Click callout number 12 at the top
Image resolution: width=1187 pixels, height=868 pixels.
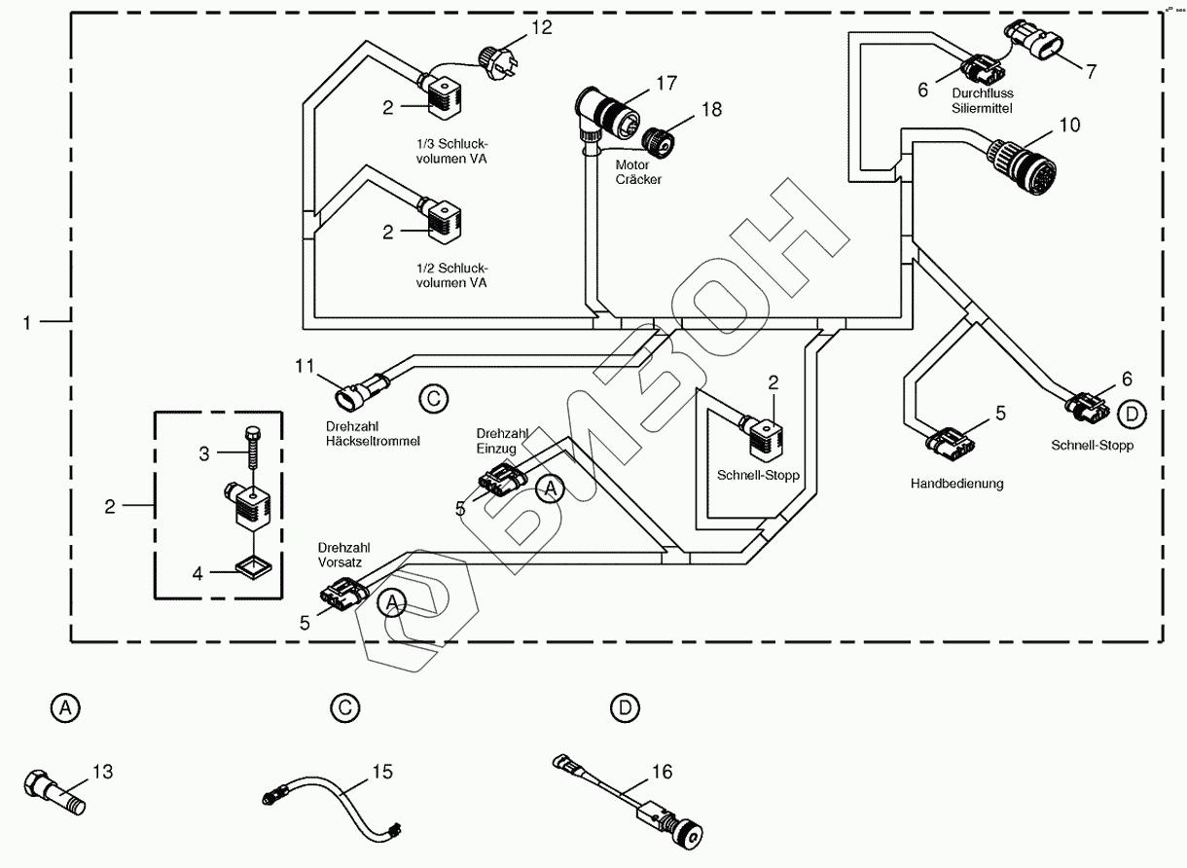click(542, 27)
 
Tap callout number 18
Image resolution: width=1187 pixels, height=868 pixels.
click(712, 109)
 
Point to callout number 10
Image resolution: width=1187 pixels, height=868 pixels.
click(1069, 126)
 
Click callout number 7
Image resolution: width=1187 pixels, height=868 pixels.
click(1091, 71)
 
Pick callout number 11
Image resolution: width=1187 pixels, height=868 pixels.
click(306, 366)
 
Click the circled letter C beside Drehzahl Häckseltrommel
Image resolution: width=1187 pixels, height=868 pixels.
click(434, 398)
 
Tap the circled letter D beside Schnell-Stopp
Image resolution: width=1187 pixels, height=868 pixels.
click(1132, 415)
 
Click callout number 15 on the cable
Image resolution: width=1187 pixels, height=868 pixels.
click(381, 772)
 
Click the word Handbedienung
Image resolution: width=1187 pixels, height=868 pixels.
click(956, 483)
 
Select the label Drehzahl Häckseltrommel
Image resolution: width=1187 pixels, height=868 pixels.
click(373, 434)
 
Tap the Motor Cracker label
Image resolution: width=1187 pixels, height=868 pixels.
click(638, 172)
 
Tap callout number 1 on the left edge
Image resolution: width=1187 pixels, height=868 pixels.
click(29, 320)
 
